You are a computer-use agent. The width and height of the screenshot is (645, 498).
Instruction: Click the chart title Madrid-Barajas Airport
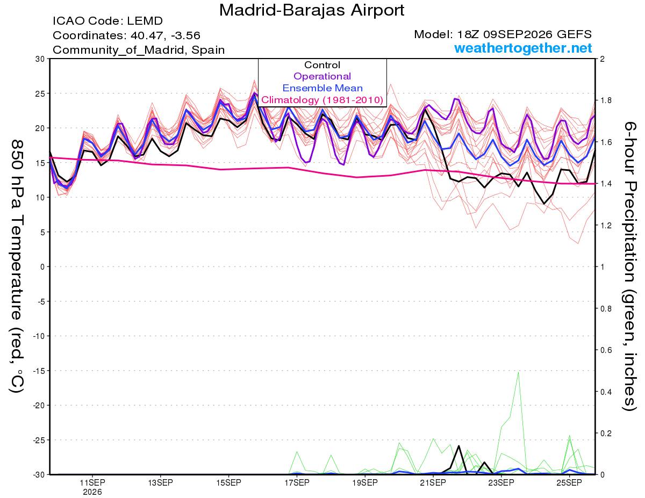coord(312,10)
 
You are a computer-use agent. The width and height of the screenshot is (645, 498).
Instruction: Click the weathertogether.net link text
coord(523,48)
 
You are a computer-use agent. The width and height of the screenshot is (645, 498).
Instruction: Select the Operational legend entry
coord(322,76)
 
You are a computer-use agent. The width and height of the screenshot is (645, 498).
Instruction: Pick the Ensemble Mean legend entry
coord(322,88)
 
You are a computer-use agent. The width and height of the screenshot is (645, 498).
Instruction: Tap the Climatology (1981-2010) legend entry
coord(322,100)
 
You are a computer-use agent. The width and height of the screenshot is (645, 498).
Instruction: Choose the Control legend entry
coord(322,65)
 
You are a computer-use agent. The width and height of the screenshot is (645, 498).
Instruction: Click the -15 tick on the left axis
coord(39,371)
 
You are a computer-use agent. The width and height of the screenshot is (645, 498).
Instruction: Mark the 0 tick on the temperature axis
coord(42,267)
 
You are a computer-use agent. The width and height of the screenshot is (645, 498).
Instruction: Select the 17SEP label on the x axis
coord(297,483)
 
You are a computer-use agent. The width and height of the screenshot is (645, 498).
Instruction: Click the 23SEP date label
coord(501,483)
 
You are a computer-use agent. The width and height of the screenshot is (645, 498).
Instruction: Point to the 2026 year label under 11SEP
coord(92,493)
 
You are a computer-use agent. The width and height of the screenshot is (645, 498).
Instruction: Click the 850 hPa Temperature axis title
coord(17,266)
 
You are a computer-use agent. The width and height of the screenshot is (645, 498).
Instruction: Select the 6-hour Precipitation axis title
coord(629,266)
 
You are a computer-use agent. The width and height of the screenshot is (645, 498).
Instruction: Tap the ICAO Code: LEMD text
coord(107,21)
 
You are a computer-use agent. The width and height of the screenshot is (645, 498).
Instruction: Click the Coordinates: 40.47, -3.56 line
coord(126,35)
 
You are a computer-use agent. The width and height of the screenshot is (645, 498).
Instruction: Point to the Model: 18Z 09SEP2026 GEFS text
coord(503,34)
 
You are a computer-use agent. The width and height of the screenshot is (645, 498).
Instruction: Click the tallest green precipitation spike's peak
coord(518,372)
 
